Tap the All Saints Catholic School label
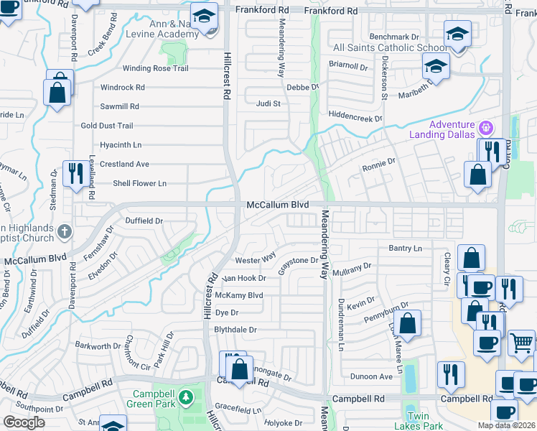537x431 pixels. pos(390,48)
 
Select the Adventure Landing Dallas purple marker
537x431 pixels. pos(487,129)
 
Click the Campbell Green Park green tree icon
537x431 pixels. pos(186,397)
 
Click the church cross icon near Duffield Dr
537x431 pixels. pos(64,231)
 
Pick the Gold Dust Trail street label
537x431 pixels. pos(107,126)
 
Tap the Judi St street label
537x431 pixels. pos(268,103)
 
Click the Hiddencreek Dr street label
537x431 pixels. pos(355,116)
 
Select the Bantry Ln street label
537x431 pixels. pos(405,249)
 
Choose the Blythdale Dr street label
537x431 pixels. pos(235,330)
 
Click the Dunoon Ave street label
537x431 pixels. pos(371,376)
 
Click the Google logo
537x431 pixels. pos(24,422)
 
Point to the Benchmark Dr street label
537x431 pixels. pos(393,37)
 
